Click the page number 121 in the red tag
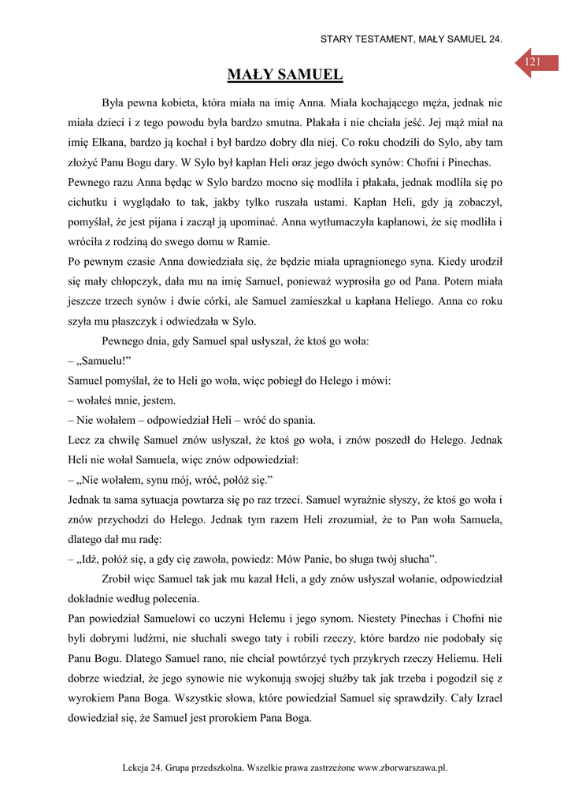tap(532, 61)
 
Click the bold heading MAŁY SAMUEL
tap(285, 75)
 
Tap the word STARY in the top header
tap(337, 39)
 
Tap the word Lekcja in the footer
tap(138, 767)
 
